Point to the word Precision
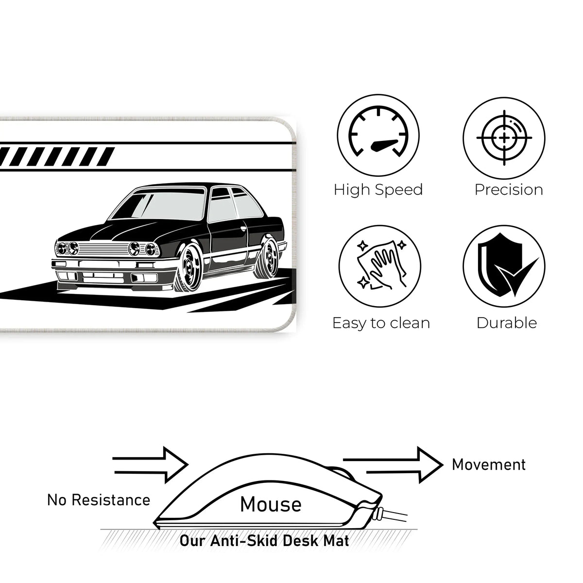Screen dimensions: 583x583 (509, 190)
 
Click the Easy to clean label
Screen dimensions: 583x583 (381, 323)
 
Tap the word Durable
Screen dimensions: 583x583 (507, 323)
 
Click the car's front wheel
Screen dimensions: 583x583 (189, 268)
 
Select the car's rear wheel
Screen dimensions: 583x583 (266, 259)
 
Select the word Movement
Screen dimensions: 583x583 (489, 465)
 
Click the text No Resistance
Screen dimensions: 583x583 (99, 500)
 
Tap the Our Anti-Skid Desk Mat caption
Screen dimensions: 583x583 (264, 541)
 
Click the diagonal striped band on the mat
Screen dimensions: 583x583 (57, 157)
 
